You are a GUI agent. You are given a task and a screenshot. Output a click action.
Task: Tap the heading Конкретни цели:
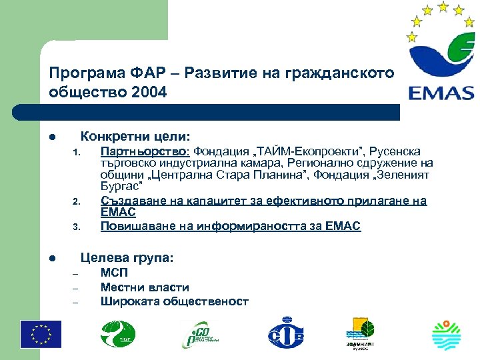coord(135,135)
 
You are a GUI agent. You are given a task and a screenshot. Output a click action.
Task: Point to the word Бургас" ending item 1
coord(122,187)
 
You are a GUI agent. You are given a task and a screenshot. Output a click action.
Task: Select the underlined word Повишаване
coord(133,226)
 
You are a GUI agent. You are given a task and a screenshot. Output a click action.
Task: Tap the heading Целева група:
coord(126,256)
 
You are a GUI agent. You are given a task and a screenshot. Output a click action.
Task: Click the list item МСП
coord(113,273)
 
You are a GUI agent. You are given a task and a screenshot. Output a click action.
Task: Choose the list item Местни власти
coord(145,287)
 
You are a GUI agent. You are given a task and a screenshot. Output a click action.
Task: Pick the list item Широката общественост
coord(174,301)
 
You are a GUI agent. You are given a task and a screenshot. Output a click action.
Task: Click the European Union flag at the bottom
coord(41,334)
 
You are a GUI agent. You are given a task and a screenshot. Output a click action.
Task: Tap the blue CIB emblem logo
coord(285,334)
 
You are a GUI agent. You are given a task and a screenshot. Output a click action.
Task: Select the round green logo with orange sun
coord(446,334)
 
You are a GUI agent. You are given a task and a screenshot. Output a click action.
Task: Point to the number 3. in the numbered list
coord(76,228)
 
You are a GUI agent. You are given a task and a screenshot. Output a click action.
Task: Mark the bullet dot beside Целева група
coord(52,257)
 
